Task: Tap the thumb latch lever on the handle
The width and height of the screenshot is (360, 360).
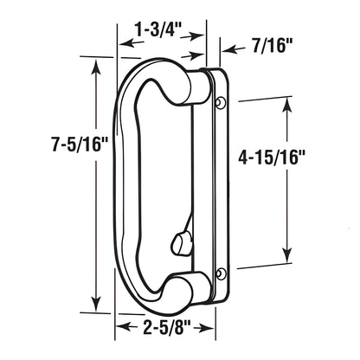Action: coord(183,236)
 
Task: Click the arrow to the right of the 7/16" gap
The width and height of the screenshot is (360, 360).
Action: coord(226,41)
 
